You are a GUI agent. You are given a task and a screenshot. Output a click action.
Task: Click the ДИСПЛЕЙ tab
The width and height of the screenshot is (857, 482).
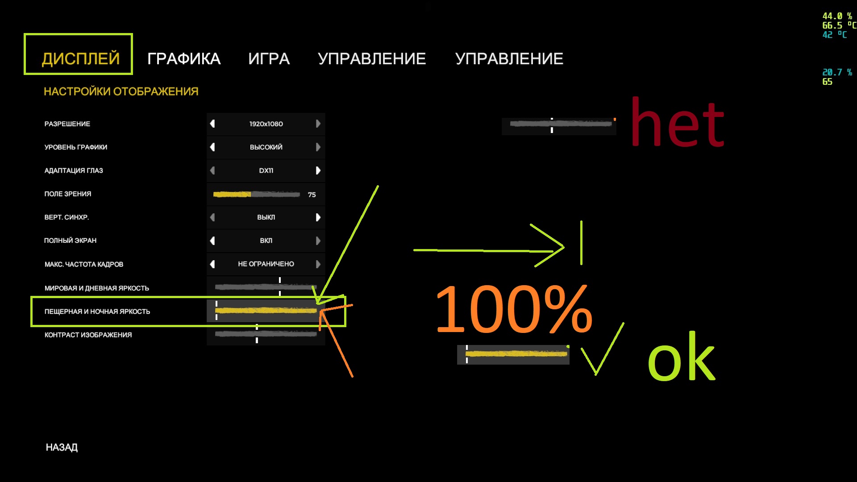(80, 58)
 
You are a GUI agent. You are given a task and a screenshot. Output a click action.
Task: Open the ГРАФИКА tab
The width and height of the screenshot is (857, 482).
(184, 58)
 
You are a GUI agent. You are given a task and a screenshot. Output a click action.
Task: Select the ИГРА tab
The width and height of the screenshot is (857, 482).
(269, 58)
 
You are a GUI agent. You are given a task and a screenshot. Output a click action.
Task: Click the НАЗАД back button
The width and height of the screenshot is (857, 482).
(62, 447)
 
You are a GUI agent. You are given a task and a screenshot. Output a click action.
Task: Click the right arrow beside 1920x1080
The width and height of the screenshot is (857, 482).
(318, 124)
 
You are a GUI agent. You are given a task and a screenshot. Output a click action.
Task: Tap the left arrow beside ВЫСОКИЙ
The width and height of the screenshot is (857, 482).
(212, 147)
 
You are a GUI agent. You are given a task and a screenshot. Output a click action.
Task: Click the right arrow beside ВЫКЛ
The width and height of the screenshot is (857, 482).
(318, 217)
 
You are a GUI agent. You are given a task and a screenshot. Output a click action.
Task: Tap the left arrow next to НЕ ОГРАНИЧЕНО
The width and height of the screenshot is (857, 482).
(212, 264)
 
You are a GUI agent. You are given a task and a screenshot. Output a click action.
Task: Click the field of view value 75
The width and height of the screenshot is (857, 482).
(312, 195)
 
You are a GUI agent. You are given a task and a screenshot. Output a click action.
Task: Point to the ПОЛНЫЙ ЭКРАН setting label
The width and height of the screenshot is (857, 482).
(70, 241)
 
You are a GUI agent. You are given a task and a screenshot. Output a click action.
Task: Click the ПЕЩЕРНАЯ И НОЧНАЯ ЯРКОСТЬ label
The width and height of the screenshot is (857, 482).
(97, 312)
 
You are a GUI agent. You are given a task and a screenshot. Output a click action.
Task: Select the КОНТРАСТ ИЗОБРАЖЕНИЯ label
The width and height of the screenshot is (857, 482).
(88, 335)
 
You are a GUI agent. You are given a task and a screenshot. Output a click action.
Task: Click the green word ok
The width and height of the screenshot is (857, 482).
(681, 357)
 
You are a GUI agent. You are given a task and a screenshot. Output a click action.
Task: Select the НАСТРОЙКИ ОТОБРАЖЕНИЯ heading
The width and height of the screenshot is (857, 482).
(121, 91)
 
